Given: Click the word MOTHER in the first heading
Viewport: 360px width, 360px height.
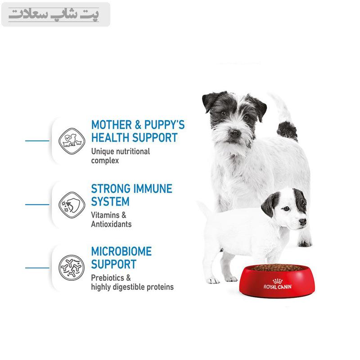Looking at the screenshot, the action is click(x=112, y=125).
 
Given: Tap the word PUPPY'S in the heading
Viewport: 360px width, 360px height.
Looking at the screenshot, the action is click(x=164, y=125).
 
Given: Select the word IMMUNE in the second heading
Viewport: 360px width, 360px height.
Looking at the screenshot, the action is click(x=153, y=189).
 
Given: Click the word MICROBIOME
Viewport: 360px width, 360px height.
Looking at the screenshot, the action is click(x=121, y=252).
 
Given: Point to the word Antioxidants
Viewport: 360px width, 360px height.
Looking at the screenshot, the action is click(x=111, y=224).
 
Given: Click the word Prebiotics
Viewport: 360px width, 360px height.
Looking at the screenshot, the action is click(x=108, y=278).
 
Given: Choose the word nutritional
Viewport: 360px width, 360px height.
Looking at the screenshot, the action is click(x=133, y=152).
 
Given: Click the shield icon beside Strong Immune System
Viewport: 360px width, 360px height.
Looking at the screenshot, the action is click(x=72, y=205).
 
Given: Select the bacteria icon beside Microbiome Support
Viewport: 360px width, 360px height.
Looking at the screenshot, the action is click(x=72, y=268).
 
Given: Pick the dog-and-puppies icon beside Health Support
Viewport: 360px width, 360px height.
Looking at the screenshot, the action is click(x=72, y=141).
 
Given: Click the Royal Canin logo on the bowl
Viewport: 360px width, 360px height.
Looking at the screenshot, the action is click(x=278, y=284).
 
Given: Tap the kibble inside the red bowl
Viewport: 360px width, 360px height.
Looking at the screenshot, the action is click(x=277, y=268).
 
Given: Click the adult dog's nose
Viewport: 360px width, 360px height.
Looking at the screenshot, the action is click(x=234, y=133).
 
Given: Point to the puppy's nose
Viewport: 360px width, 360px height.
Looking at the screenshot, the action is click(x=302, y=221).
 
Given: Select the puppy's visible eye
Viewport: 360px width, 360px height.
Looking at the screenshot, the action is click(x=286, y=209).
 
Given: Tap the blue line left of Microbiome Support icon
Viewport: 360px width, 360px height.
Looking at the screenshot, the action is click(x=37, y=268).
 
